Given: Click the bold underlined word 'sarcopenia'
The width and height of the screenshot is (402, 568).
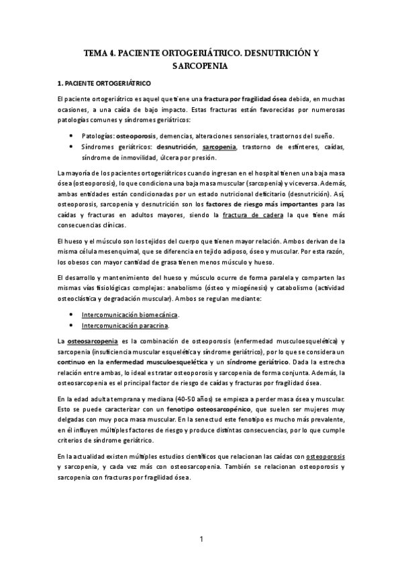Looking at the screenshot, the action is point(219,147).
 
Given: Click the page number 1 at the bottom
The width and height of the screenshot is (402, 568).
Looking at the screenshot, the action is point(201,538).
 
